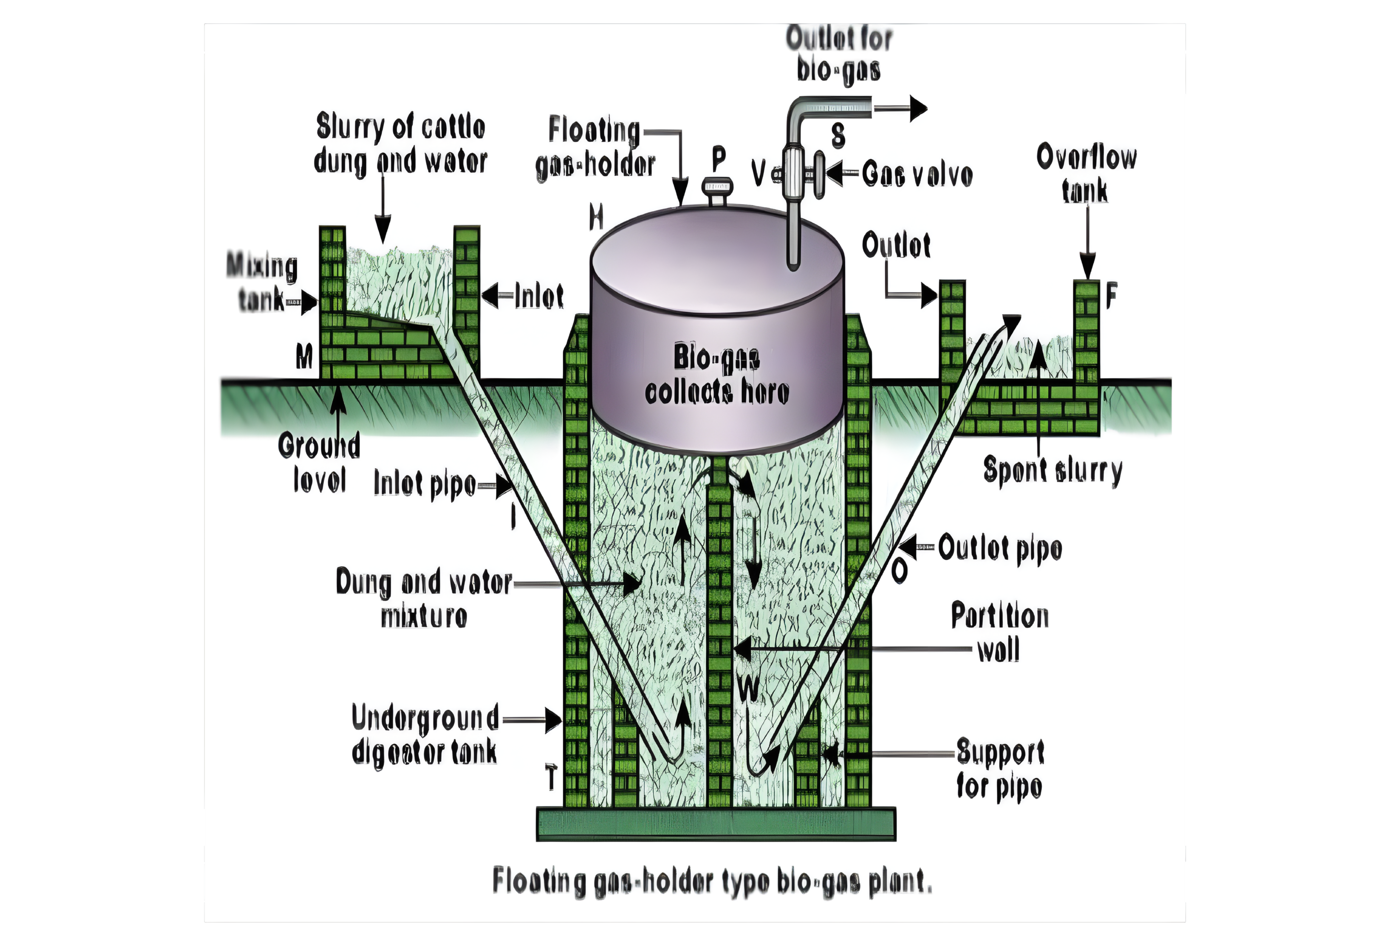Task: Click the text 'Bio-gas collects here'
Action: point(717,374)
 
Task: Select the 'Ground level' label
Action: point(319,462)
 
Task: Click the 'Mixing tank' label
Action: point(262,282)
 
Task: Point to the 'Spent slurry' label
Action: point(1052,471)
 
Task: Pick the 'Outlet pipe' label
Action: point(1000,547)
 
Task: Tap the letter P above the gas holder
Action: point(718,158)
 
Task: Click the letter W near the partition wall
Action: point(748,687)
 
